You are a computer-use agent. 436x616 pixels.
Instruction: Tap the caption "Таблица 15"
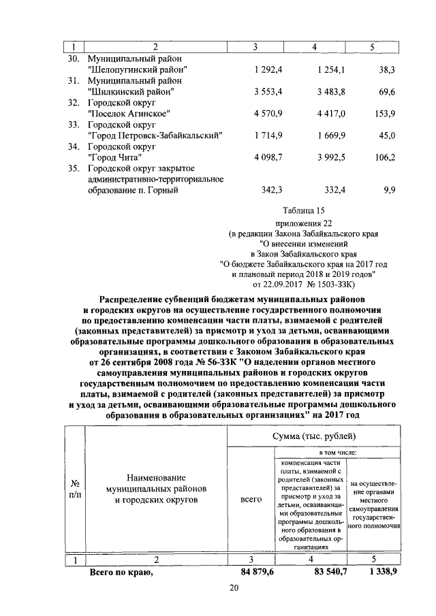300,211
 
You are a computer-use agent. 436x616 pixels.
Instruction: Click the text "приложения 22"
300,223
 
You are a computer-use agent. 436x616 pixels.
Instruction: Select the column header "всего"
251,500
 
